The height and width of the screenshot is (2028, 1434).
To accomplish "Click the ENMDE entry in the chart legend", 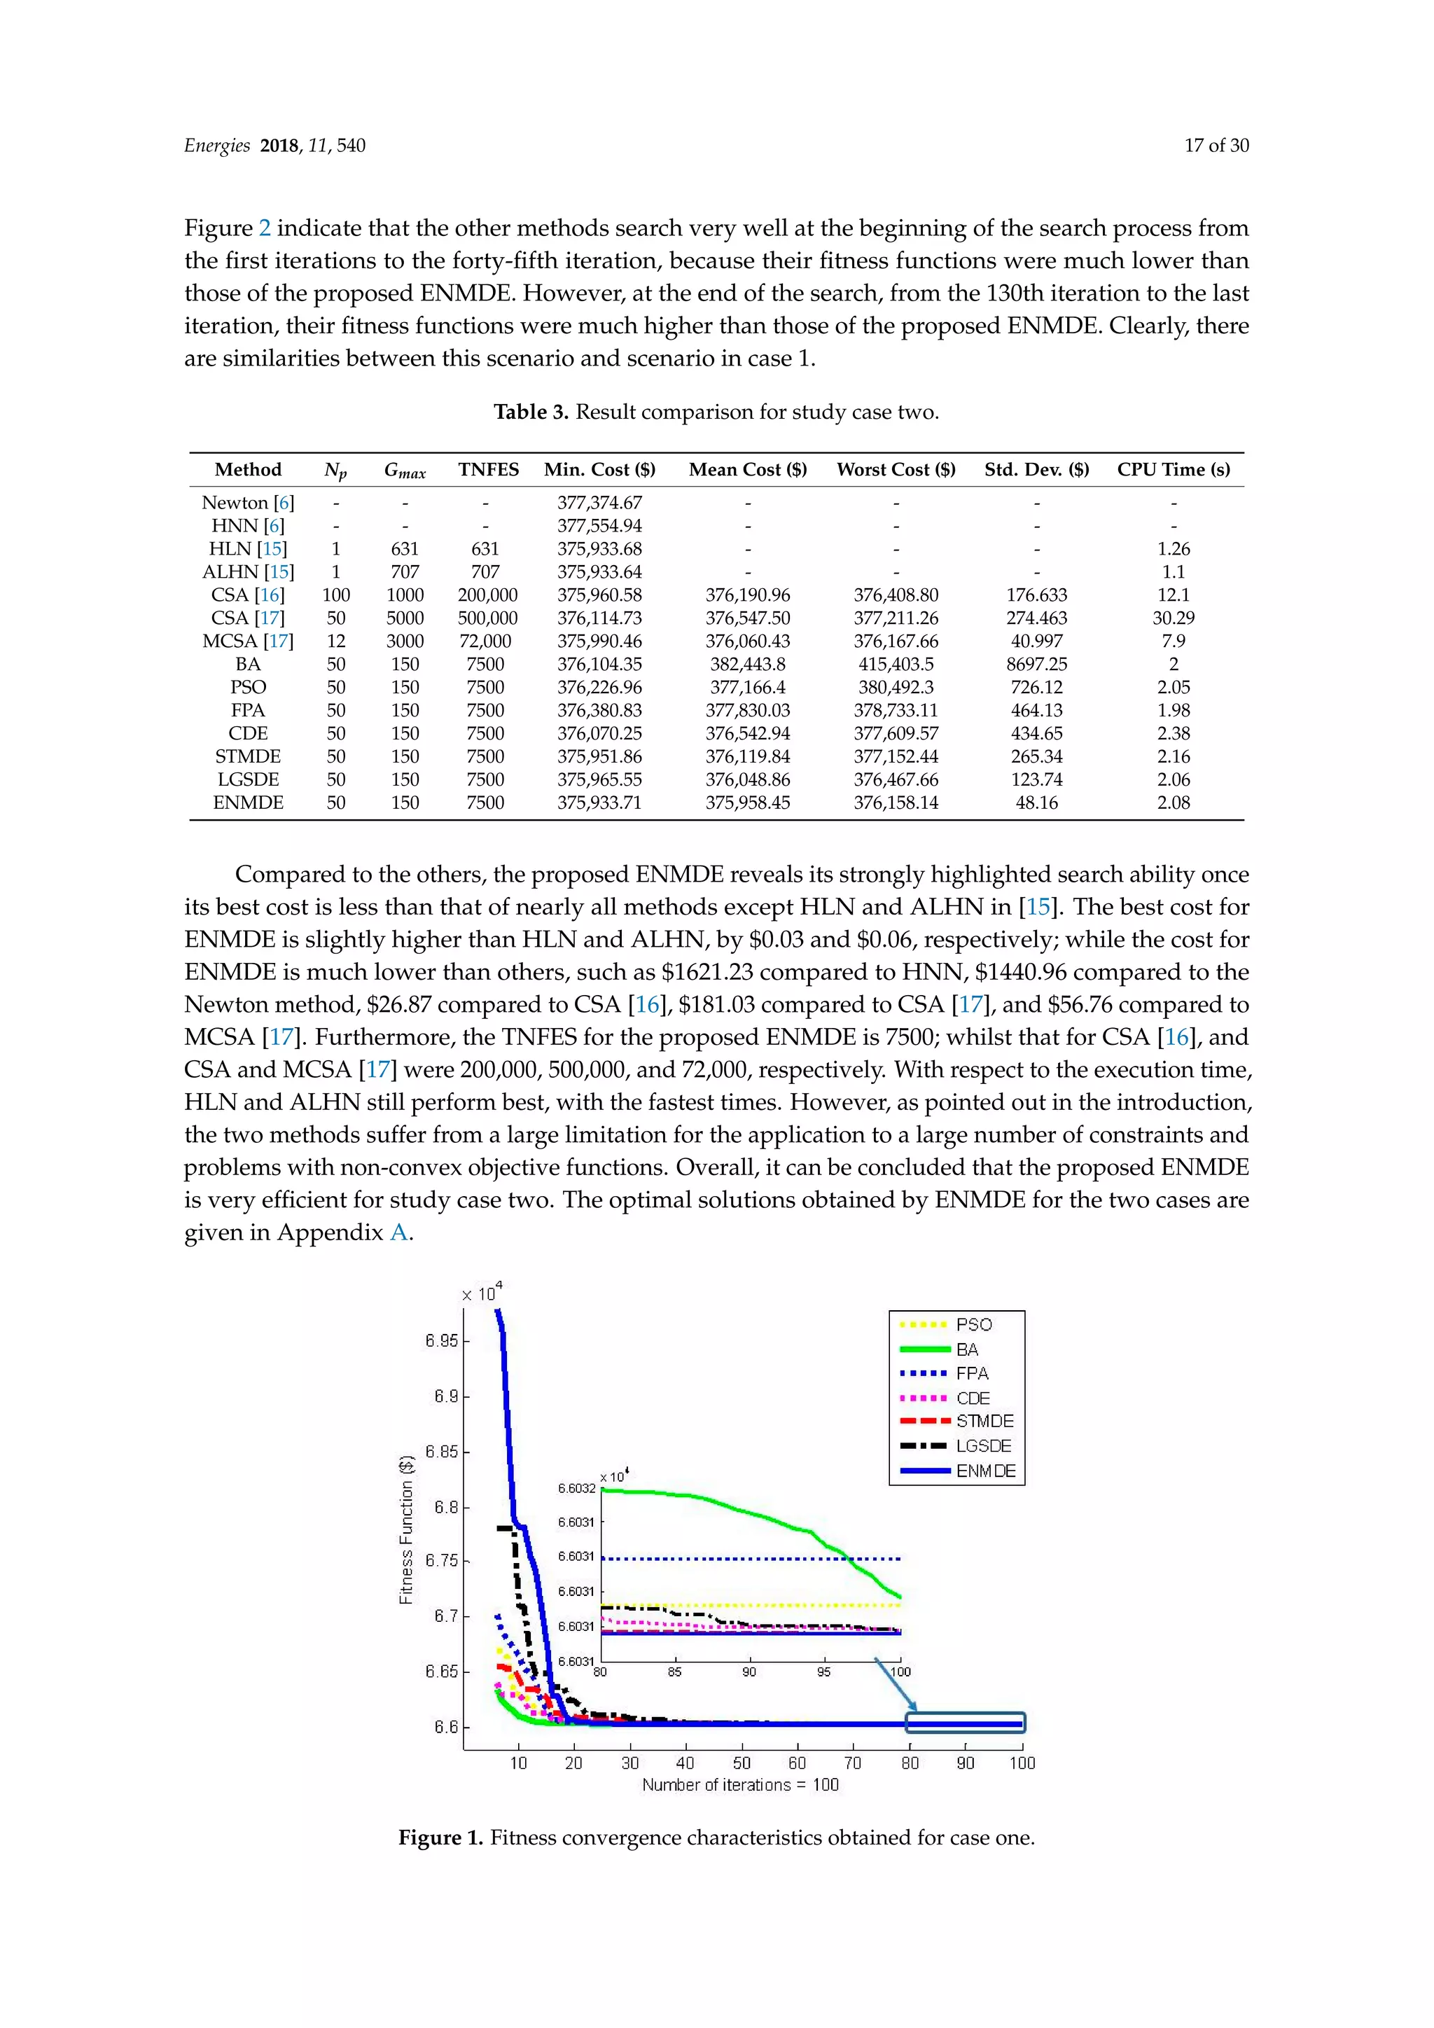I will (x=984, y=1471).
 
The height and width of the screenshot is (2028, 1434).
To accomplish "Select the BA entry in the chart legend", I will (x=967, y=1349).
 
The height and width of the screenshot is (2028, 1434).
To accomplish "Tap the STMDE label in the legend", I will (x=984, y=1421).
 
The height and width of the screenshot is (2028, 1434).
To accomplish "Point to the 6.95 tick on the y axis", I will (x=442, y=1341).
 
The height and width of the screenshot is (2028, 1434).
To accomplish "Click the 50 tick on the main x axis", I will (x=742, y=1763).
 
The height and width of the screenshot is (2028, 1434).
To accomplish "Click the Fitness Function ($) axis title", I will (x=406, y=1529).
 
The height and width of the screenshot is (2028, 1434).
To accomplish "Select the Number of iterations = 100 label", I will (x=740, y=1785).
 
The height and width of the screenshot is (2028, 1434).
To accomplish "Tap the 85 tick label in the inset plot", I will (x=674, y=1672).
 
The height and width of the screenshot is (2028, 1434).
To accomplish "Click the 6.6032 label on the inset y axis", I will (x=576, y=1488).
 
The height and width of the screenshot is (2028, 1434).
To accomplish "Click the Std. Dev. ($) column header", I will (x=1037, y=470).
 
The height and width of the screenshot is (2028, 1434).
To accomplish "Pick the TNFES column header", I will (x=488, y=470).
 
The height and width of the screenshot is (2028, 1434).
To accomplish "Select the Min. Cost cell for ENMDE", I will (x=599, y=803).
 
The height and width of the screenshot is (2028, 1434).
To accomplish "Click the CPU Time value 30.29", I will (x=1173, y=618).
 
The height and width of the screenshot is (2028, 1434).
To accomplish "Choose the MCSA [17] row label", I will (x=248, y=641).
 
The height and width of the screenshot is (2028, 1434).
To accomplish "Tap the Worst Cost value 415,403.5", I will (x=896, y=665).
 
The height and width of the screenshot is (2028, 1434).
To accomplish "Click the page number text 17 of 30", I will (x=1216, y=146).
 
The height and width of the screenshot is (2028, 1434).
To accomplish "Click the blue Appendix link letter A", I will (x=398, y=1233).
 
